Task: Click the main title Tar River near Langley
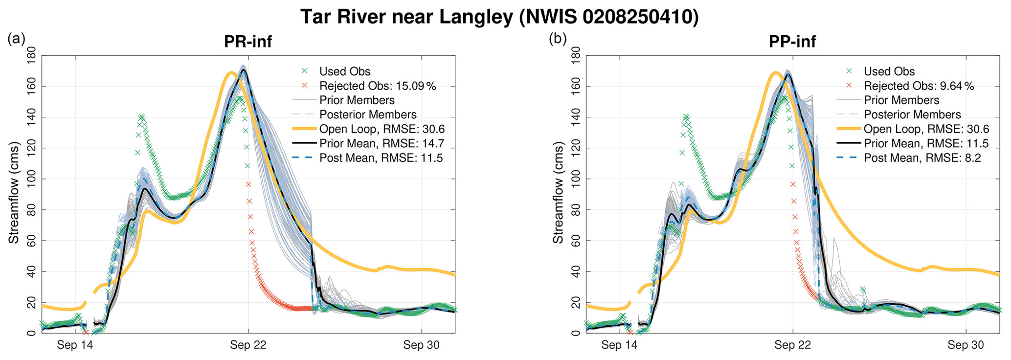point(499,17)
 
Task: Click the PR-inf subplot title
point(247,42)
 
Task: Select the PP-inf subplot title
point(792,42)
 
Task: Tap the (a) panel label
point(16,39)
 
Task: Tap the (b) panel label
point(558,39)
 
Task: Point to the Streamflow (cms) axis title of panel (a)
point(14,193)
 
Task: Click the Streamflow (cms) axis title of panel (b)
point(558,193)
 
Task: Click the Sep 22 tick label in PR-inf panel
point(248,345)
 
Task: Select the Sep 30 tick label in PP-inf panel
point(965,345)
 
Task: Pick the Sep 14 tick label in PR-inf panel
point(75,345)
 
